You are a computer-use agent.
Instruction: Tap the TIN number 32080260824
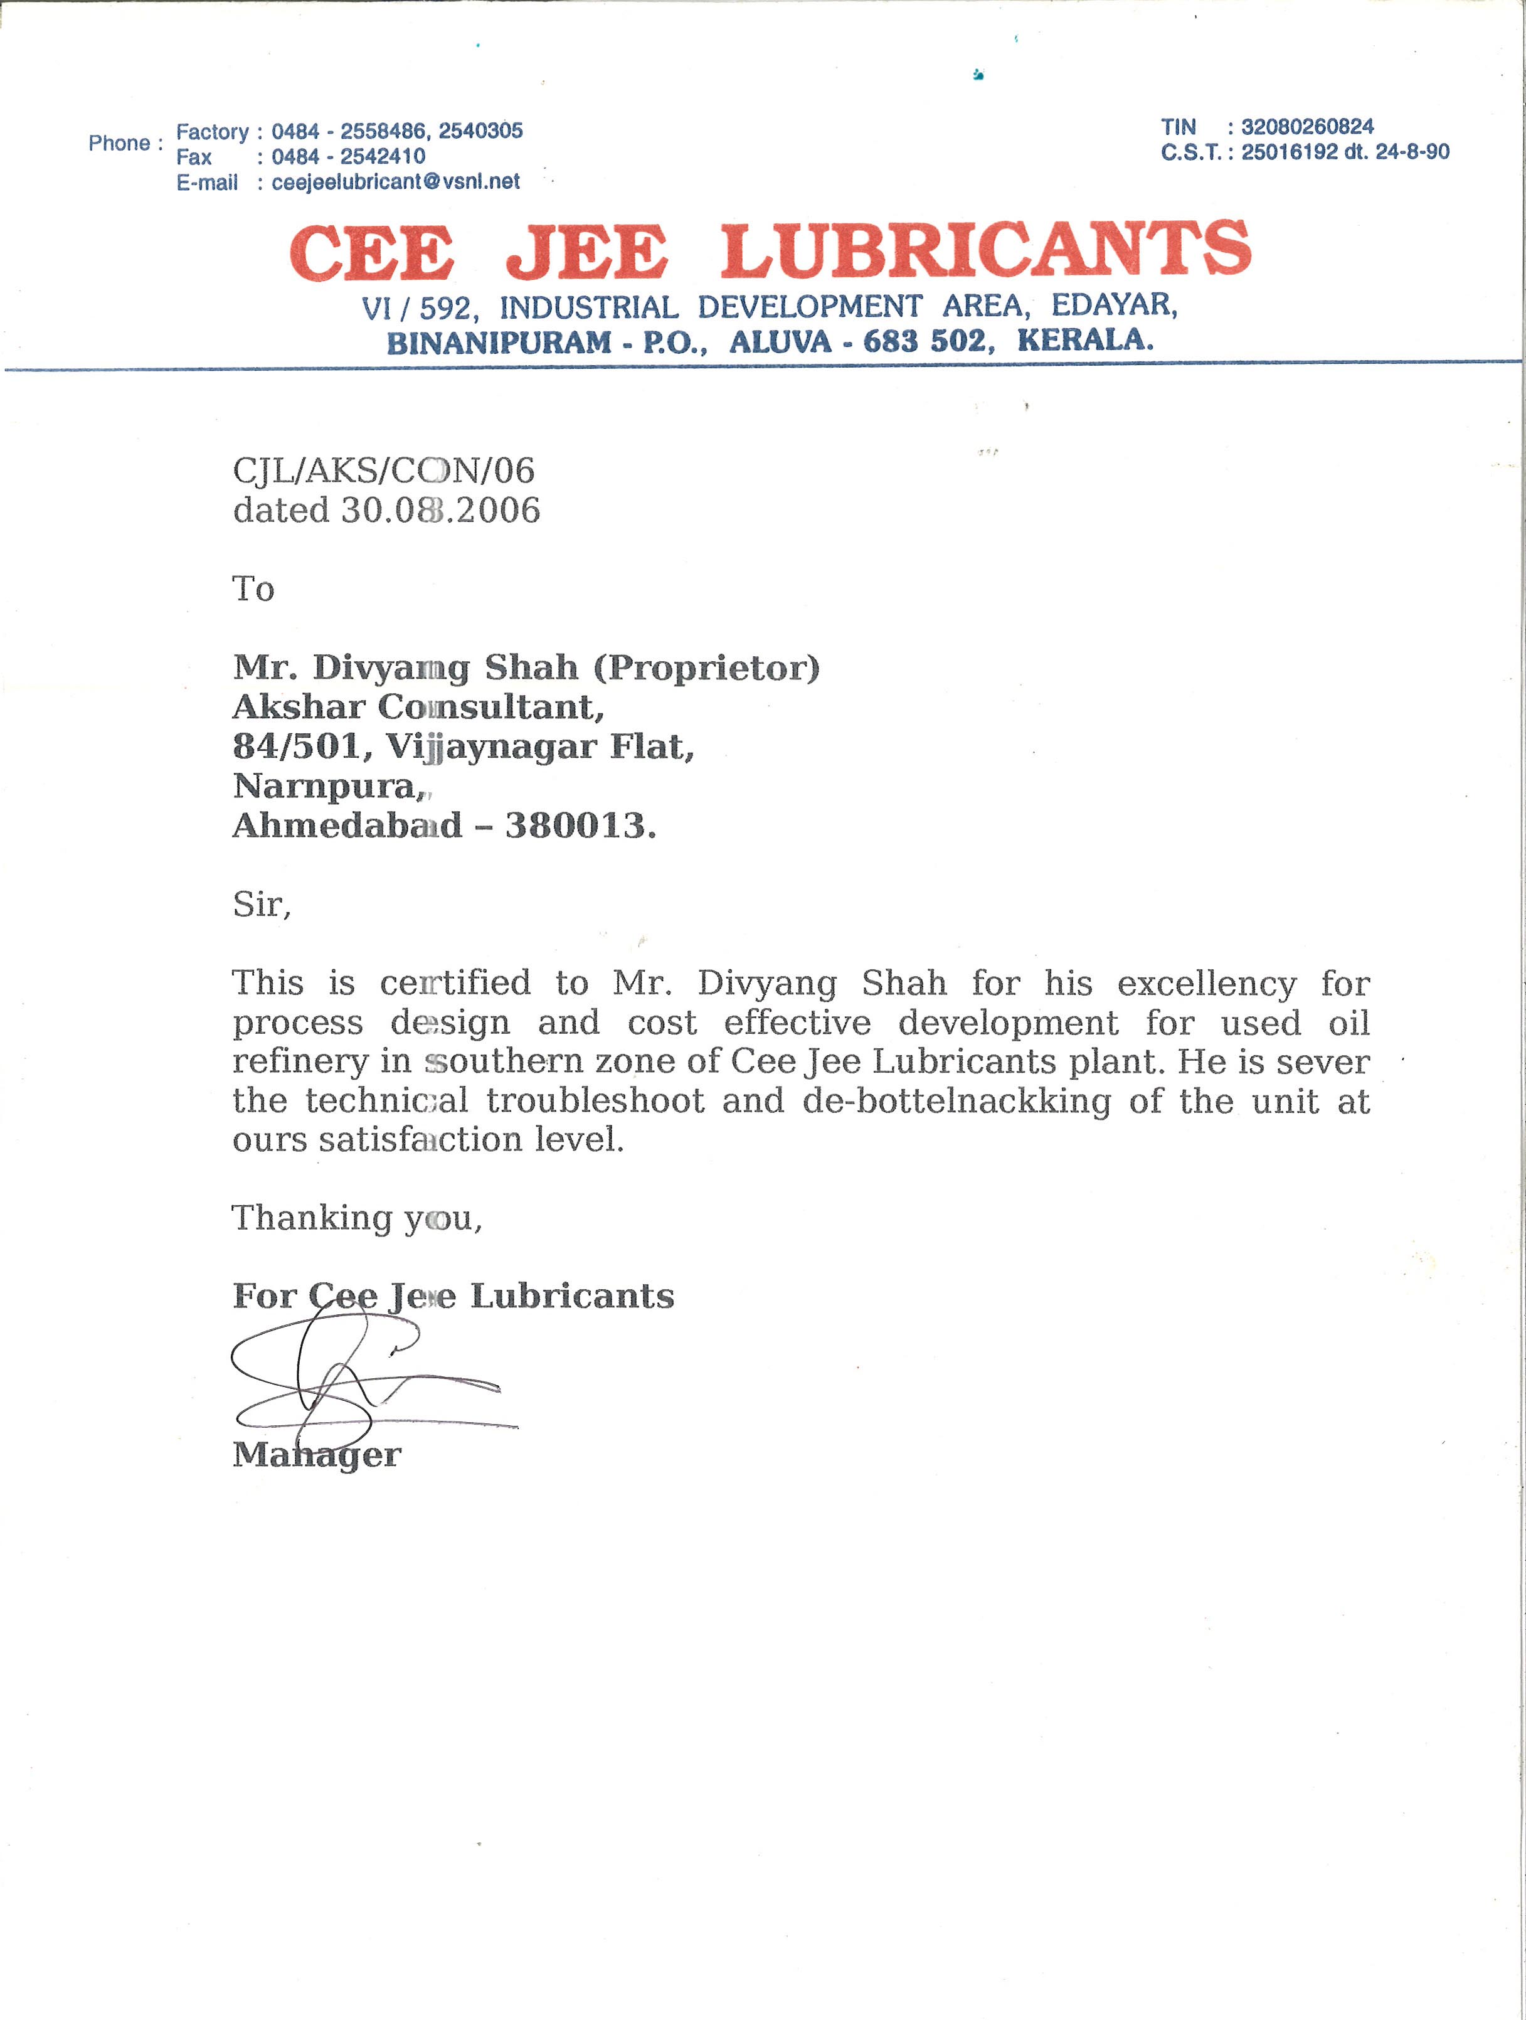[x=1307, y=127]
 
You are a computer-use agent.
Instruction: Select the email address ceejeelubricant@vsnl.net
[x=395, y=182]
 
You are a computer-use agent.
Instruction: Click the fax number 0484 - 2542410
[x=348, y=156]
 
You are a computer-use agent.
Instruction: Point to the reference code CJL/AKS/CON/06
[x=384, y=470]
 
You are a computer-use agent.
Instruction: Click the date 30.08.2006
[x=440, y=509]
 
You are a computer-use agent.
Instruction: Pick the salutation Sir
[x=260, y=904]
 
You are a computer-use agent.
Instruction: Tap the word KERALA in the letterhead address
[x=1085, y=341]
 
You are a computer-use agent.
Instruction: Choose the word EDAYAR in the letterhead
[x=1113, y=304]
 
